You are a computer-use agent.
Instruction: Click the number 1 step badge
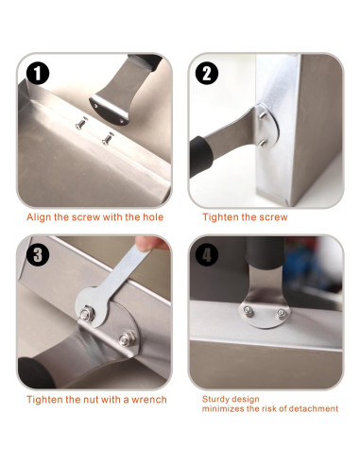click(38, 73)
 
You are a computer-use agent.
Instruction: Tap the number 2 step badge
click(207, 73)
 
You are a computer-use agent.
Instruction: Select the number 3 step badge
click(38, 255)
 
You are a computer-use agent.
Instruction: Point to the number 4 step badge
click(207, 255)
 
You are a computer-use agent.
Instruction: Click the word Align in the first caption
click(39, 217)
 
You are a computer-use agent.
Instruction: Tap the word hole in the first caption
click(153, 217)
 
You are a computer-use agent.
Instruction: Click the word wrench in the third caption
click(149, 400)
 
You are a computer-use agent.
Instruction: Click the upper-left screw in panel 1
click(81, 123)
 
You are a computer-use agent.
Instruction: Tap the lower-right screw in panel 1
click(108, 138)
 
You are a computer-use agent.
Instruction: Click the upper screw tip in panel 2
click(263, 116)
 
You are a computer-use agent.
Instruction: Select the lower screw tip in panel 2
click(262, 144)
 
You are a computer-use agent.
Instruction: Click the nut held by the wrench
click(87, 313)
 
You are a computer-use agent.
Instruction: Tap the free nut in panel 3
click(127, 338)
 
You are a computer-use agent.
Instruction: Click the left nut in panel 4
click(249, 311)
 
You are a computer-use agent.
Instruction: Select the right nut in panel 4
click(282, 314)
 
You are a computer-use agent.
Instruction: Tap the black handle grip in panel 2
click(200, 156)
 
